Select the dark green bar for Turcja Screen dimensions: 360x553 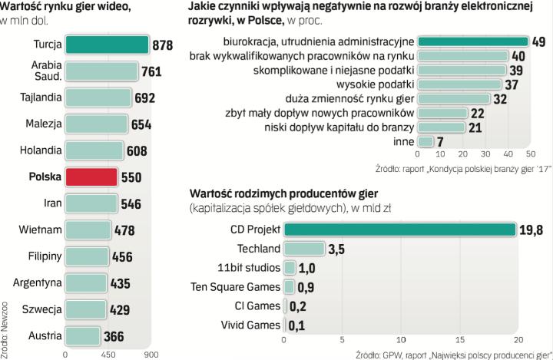coord(107,45)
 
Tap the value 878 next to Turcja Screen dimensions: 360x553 coord(163,45)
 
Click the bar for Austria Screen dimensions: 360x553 coord(84,335)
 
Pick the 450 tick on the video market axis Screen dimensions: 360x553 coord(108,355)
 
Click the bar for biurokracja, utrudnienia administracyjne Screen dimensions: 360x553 coord(472,41)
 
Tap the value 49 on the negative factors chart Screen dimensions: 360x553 coord(539,41)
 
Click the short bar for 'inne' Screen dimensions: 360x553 coord(426,142)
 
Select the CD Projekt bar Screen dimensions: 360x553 coord(400,229)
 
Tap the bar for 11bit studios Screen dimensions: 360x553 coord(290,267)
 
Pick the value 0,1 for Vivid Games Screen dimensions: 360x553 coord(298,325)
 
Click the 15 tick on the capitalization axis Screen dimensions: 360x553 coord(459,341)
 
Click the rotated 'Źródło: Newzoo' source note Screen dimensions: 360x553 coord(7,322)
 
